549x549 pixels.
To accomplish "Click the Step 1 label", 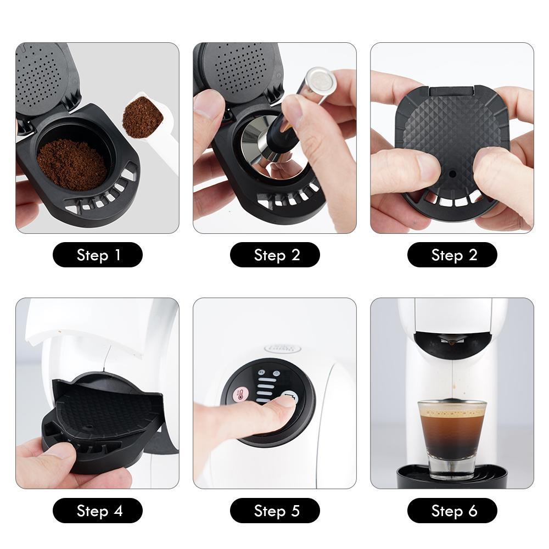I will tap(98, 255).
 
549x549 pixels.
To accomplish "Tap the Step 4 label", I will tap(98, 511).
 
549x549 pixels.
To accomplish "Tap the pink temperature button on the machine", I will tap(240, 394).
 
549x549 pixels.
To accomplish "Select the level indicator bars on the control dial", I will tap(265, 388).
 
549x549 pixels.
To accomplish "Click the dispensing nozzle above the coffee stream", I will tap(451, 343).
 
